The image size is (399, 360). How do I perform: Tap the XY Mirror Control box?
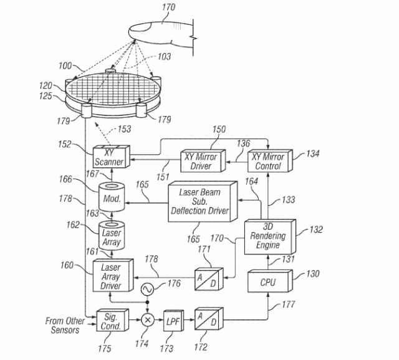tap(269, 162)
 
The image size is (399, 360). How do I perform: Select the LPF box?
tap(172, 322)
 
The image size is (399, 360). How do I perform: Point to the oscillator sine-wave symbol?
tap(148, 289)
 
